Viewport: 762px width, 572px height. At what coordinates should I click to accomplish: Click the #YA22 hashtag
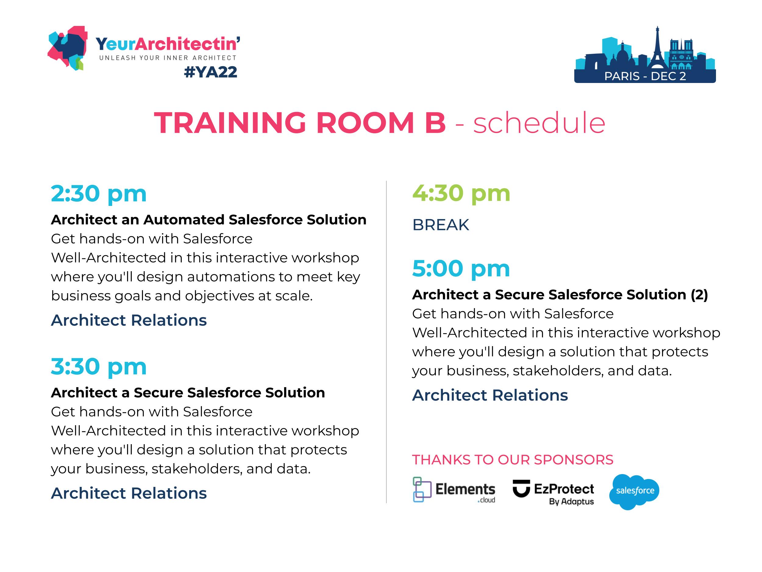pyautogui.click(x=211, y=72)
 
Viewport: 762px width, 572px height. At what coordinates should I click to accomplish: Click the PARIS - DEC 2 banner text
pyautogui.click(x=645, y=76)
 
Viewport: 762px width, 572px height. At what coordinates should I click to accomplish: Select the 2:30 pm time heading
pyautogui.click(x=99, y=194)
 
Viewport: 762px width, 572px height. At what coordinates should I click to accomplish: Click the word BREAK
pyautogui.click(x=441, y=225)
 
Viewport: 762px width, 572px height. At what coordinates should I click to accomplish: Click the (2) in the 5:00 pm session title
pyautogui.click(x=699, y=295)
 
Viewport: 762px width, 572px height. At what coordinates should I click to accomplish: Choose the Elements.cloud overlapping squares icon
pyautogui.click(x=422, y=490)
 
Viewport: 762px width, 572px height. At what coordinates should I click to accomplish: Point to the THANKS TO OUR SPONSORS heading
pyautogui.click(x=513, y=460)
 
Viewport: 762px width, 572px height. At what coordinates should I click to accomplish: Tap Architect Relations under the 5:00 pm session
pyautogui.click(x=490, y=395)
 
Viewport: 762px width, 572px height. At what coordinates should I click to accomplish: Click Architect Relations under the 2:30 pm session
pyautogui.click(x=129, y=320)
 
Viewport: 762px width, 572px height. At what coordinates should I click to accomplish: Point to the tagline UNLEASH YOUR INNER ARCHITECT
pyautogui.click(x=168, y=58)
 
